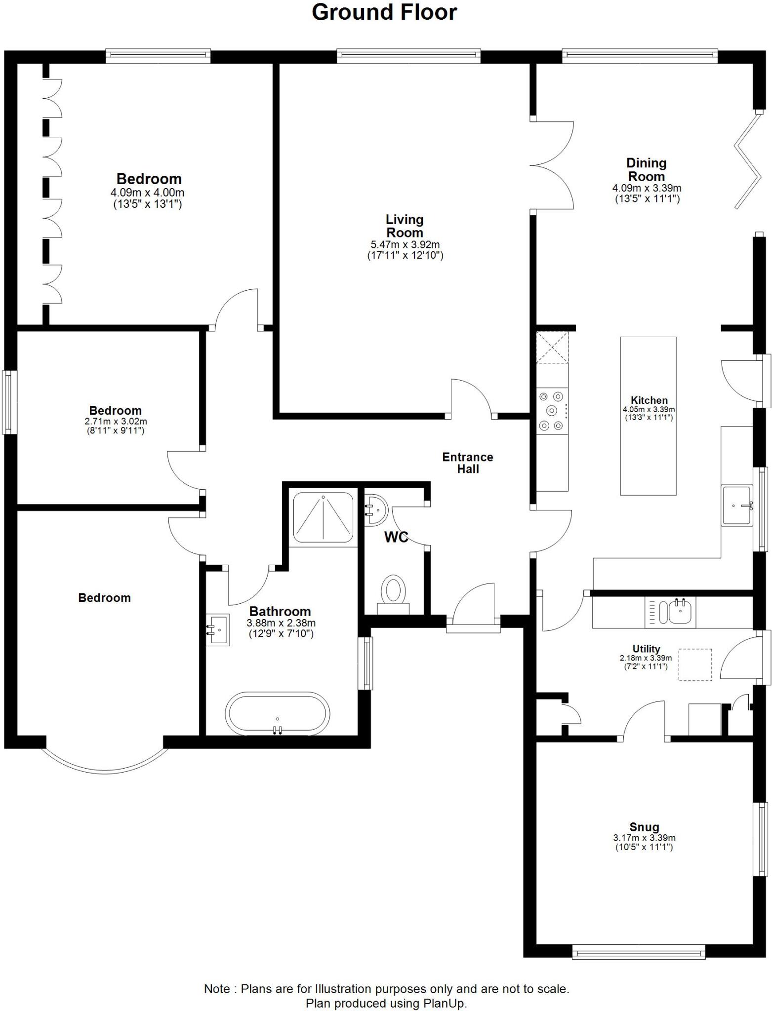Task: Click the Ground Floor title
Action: click(x=384, y=12)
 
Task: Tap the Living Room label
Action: click(x=405, y=226)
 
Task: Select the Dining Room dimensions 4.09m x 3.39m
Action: click(x=647, y=188)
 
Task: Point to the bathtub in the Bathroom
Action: click(x=278, y=714)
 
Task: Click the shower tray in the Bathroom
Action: click(x=323, y=517)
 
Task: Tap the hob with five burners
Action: click(x=552, y=411)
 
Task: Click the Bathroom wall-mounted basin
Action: click(x=218, y=630)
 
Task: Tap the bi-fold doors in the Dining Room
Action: click(x=748, y=160)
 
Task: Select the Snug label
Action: click(x=644, y=827)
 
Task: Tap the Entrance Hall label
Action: click(x=467, y=463)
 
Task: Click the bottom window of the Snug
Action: click(x=639, y=952)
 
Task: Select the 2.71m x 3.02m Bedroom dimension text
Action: click(x=116, y=422)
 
